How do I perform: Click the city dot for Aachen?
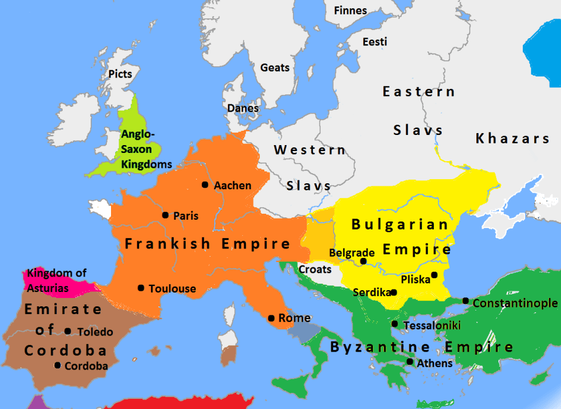(205, 185)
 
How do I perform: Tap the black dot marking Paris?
(165, 215)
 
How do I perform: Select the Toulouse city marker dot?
(140, 288)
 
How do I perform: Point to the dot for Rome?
(271, 318)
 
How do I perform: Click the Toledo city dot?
(68, 331)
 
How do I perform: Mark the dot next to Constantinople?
(466, 301)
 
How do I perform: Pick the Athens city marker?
(409, 362)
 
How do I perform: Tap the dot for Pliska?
(434, 275)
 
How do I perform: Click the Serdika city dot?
(394, 293)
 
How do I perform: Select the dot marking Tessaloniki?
(395, 324)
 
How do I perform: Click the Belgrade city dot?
(363, 261)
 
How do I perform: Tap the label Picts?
(120, 74)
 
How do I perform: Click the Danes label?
(243, 108)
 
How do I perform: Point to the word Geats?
(275, 67)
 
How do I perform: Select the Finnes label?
(350, 11)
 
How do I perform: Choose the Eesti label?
(375, 42)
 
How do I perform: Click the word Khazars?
(512, 139)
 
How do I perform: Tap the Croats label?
(315, 269)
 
